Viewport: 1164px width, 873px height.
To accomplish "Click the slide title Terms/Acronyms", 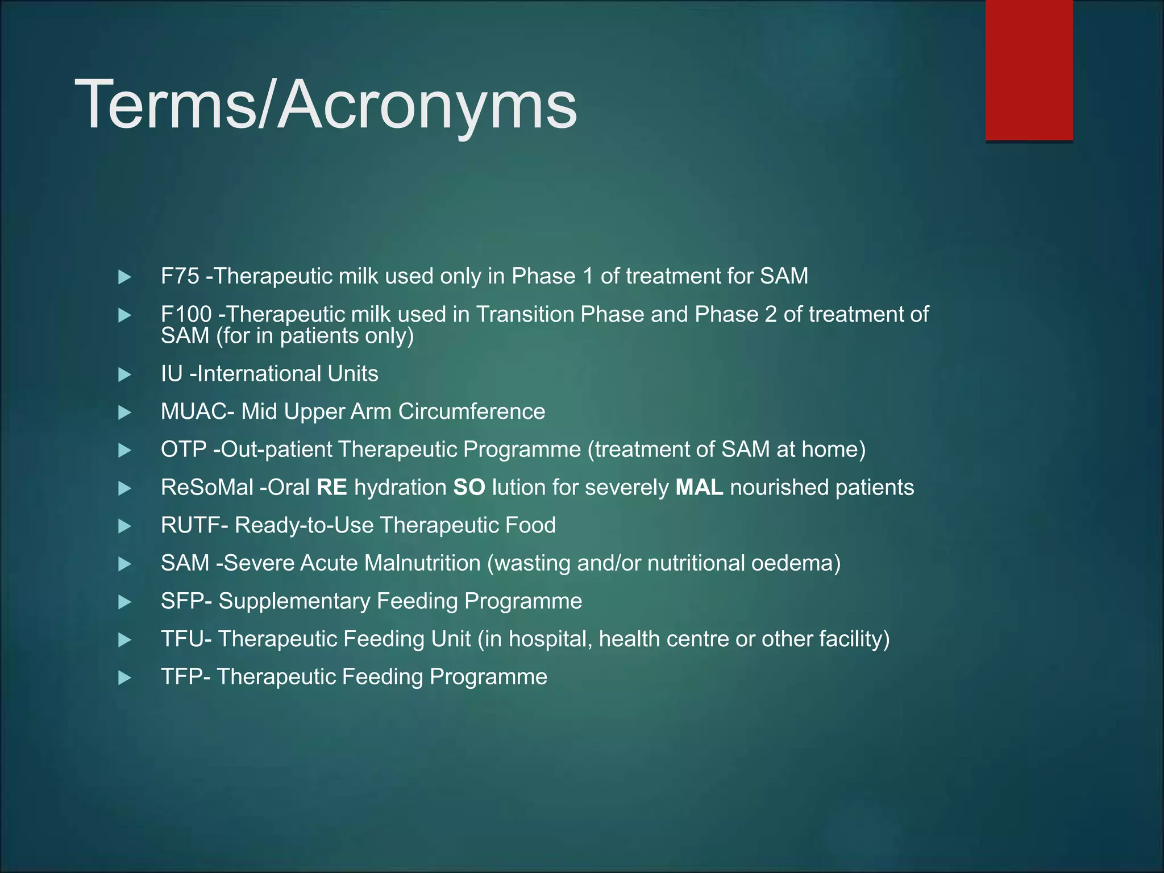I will click(x=326, y=105).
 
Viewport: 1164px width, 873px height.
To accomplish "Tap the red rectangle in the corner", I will click(x=1029, y=69).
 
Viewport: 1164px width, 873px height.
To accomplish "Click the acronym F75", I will click(x=180, y=276).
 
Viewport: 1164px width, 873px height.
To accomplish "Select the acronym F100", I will click(x=186, y=314).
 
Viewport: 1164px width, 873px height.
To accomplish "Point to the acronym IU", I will click(x=172, y=374).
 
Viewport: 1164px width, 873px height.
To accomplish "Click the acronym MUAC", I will click(x=194, y=411).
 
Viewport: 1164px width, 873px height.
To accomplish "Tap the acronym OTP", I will click(x=184, y=450).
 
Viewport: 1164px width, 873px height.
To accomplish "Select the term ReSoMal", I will click(x=207, y=488).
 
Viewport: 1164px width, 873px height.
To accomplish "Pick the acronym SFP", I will click(x=182, y=601).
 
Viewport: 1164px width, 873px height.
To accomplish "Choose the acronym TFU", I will click(x=182, y=639).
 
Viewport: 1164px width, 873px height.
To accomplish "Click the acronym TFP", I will click(x=182, y=677).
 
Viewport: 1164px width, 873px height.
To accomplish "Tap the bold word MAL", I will click(x=699, y=488).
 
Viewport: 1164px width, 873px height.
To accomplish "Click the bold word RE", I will click(x=332, y=488).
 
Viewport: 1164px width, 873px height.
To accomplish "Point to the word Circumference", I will click(x=472, y=411).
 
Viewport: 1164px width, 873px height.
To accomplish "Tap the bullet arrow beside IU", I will click(x=124, y=375).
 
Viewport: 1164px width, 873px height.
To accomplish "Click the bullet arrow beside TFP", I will click(x=124, y=677).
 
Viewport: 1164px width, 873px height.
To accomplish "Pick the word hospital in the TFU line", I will click(x=549, y=639).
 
